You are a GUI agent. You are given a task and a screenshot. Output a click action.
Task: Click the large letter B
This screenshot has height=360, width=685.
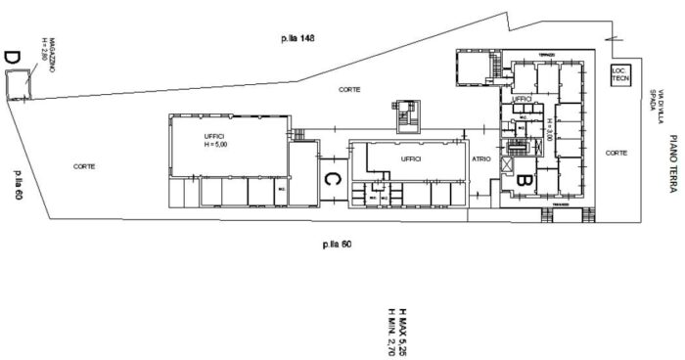523,179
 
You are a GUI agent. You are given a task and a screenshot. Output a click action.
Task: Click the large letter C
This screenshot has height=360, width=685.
332,179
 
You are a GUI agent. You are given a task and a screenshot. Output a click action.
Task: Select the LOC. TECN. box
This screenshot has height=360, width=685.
619,74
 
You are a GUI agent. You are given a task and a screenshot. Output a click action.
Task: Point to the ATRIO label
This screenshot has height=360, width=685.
480,158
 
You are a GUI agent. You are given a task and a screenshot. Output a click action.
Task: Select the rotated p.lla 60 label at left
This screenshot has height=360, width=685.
18,185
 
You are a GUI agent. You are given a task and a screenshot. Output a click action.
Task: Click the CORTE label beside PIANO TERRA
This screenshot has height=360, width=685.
616,154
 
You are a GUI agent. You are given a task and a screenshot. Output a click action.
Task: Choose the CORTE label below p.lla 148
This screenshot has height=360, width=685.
349,89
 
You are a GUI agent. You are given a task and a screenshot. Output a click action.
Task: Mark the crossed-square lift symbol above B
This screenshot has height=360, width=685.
506,164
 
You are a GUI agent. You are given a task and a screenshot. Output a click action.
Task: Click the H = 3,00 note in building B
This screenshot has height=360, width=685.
549,128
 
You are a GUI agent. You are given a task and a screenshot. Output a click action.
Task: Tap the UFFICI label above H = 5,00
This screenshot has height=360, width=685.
214,135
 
